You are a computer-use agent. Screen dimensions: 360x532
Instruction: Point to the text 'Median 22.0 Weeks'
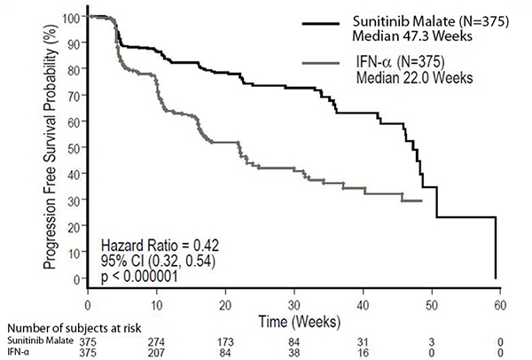click(415, 77)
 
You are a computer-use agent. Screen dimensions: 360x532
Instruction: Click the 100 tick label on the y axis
click(71, 17)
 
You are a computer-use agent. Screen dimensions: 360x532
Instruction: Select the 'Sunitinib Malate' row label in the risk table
click(37, 340)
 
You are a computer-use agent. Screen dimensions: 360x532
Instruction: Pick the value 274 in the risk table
click(157, 340)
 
